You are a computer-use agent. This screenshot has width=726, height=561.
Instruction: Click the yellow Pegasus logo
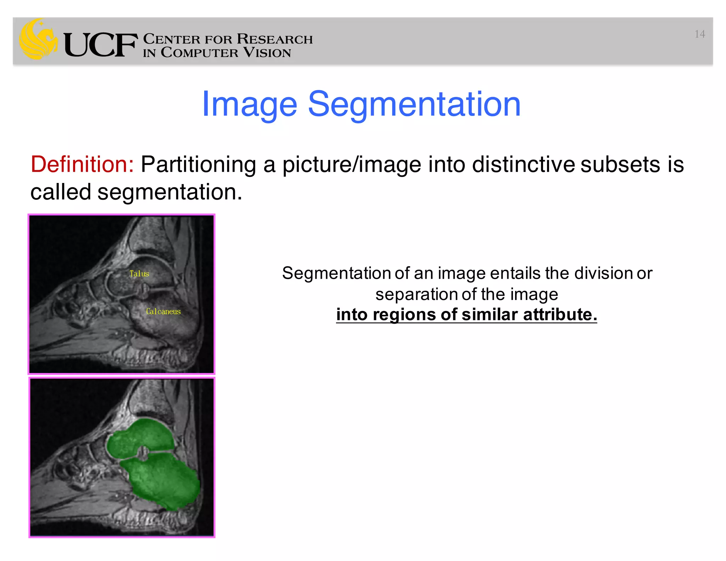click(x=38, y=39)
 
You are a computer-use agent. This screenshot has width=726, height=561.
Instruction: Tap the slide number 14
click(x=699, y=34)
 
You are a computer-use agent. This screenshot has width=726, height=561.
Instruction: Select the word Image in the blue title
click(x=249, y=105)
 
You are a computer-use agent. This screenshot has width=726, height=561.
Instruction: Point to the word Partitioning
click(x=198, y=165)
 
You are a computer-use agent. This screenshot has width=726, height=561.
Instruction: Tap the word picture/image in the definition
click(x=351, y=165)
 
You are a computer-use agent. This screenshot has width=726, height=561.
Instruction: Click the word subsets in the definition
click(x=620, y=165)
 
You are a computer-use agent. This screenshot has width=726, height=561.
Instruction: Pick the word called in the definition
click(x=61, y=192)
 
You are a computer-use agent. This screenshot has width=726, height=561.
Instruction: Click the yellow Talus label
click(x=139, y=274)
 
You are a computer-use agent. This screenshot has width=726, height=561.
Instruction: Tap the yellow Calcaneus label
click(x=163, y=311)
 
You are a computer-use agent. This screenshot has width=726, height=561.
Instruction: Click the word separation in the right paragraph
click(x=416, y=294)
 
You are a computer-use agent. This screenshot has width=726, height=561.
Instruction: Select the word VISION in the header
click(x=267, y=53)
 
